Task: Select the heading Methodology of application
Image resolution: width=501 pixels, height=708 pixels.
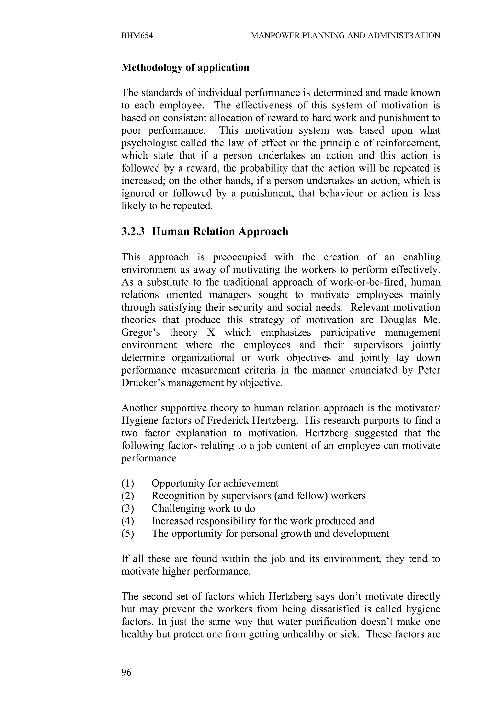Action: [185, 67]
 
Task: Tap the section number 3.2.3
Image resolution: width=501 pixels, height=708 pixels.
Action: [133, 231]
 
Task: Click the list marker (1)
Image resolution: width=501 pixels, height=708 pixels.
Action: [127, 483]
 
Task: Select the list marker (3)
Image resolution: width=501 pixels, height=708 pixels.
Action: [127, 508]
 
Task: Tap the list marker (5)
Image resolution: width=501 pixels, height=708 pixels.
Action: [127, 534]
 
